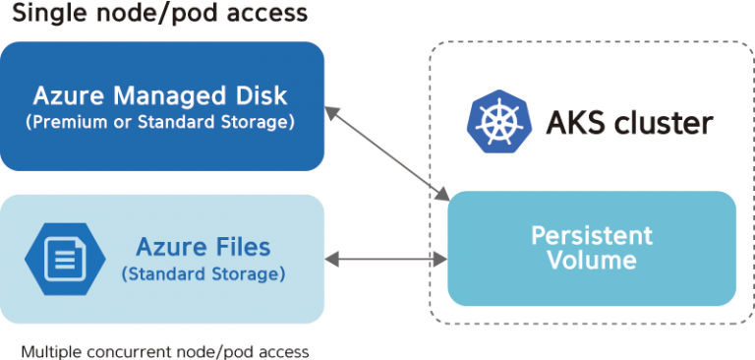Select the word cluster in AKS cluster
click(x=661, y=123)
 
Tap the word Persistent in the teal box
click(x=591, y=236)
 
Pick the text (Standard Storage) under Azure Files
click(x=203, y=273)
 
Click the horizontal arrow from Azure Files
click(x=386, y=260)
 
